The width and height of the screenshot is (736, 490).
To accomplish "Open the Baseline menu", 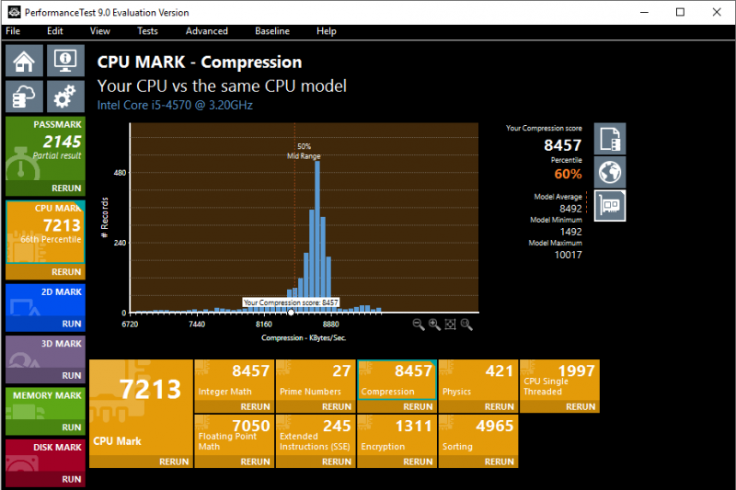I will click(271, 31).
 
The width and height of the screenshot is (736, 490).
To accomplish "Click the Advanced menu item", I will click(206, 31).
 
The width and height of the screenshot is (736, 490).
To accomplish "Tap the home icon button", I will click(24, 62).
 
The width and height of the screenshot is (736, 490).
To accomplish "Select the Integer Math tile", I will click(234, 385).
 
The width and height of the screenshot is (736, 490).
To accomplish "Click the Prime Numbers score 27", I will click(341, 371).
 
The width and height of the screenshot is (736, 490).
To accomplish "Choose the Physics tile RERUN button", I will click(500, 406).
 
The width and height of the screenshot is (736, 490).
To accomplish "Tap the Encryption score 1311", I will click(415, 427).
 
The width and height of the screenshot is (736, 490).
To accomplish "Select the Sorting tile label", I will click(457, 447).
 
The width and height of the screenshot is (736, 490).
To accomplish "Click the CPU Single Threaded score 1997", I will click(577, 370).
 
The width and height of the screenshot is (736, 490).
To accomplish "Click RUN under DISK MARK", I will click(71, 479).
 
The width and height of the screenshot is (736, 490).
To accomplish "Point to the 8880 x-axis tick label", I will click(330, 325).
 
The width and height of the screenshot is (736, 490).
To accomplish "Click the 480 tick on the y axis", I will click(120, 173).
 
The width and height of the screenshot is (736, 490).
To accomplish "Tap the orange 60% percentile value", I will click(568, 174).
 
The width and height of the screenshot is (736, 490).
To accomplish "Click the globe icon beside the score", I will click(609, 171).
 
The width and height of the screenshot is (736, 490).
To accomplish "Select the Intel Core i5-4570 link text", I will click(175, 105).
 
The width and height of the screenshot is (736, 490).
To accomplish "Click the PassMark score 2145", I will click(62, 142).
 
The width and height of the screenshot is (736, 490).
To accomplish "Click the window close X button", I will click(714, 12).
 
